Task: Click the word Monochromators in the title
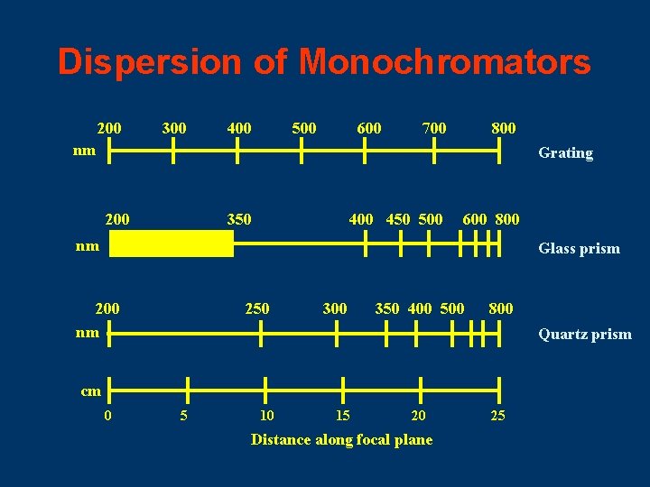(445, 62)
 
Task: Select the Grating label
(565, 153)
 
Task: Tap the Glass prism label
(579, 249)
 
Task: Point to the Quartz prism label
(584, 335)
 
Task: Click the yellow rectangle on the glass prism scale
(171, 243)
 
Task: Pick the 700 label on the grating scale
(433, 128)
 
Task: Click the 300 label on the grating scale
(173, 128)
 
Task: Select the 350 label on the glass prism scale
(239, 218)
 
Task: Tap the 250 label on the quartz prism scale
(257, 308)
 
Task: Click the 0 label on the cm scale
(108, 416)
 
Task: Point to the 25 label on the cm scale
(497, 416)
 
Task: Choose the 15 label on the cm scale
(342, 416)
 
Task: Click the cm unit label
(90, 391)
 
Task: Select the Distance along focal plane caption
(341, 440)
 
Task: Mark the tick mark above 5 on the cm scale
(186, 391)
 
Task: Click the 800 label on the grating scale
(503, 128)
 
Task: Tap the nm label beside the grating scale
(86, 152)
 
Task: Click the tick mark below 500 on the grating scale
(302, 152)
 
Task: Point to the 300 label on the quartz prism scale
(334, 308)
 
